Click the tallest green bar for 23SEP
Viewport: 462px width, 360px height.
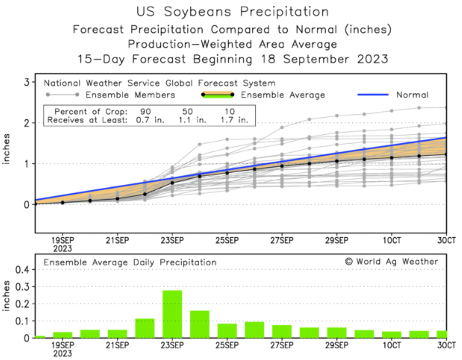coord(172,314)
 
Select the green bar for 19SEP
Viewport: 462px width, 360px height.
coord(62,335)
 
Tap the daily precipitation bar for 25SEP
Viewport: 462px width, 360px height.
coord(227,331)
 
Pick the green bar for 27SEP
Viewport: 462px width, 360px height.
coord(282,331)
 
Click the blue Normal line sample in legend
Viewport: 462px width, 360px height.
coord(373,94)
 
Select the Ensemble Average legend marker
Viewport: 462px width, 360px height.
coord(218,94)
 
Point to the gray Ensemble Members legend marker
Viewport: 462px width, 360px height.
coord(62,94)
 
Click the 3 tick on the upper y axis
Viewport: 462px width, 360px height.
coord(27,82)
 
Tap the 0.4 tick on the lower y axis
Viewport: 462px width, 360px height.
coord(22,270)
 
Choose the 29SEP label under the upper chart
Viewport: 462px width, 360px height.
coord(337,241)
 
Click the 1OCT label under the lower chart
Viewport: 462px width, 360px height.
coord(392,345)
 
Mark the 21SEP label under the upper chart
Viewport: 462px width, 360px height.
coord(117,241)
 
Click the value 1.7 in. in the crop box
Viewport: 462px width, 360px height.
coord(234,120)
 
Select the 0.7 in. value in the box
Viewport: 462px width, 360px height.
coord(150,120)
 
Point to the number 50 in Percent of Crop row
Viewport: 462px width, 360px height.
coord(187,112)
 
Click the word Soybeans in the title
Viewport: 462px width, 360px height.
coord(198,12)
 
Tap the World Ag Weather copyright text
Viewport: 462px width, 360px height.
coord(392,261)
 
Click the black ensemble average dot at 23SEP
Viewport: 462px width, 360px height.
coord(172,183)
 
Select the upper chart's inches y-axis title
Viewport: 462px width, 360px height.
coord(6,149)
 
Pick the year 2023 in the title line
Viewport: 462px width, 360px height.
coord(373,59)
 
